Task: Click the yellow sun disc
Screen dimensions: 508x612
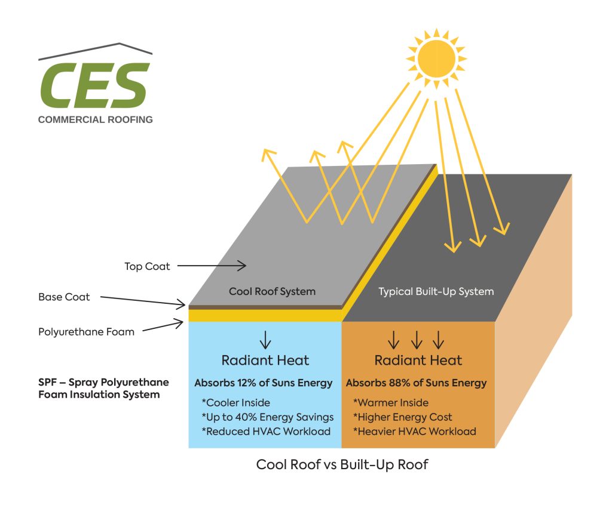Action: tap(436, 58)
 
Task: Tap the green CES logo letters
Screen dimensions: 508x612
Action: tap(94, 85)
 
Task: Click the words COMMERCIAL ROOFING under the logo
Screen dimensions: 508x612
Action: tap(96, 119)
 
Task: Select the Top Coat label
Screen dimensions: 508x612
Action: tap(147, 267)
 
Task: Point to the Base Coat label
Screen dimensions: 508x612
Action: tap(64, 297)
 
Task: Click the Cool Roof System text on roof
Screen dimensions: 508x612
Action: tap(272, 292)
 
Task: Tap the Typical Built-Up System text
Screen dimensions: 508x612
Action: tap(436, 292)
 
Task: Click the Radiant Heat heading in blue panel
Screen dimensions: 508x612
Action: tap(265, 361)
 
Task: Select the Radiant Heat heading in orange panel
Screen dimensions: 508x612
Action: tap(418, 361)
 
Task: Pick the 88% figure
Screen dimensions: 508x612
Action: tap(406, 383)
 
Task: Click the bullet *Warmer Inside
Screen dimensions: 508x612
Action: tap(391, 403)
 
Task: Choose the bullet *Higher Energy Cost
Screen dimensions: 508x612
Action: tap(402, 417)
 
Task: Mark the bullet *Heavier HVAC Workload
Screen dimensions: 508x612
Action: tap(414, 432)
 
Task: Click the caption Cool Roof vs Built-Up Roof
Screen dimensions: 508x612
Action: tap(342, 464)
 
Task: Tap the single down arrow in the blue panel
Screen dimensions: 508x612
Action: tap(265, 340)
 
